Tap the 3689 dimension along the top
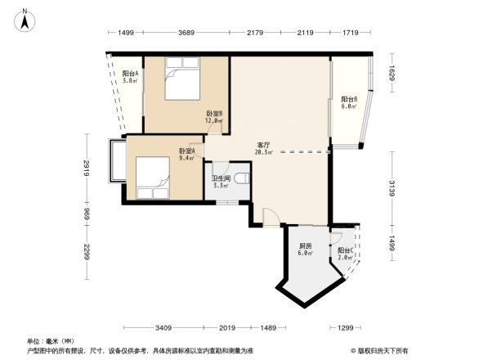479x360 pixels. tap(187, 33)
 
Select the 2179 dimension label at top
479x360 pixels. tap(254, 33)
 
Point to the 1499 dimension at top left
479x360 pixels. tap(125, 33)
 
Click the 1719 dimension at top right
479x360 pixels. tap(351, 33)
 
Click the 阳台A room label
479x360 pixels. tap(130, 77)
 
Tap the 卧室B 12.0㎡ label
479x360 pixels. tap(213, 117)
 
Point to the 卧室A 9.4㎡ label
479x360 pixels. tap(186, 154)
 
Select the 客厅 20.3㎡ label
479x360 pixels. tap(263, 148)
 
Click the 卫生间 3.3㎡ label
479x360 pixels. tap(221, 182)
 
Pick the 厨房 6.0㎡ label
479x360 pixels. tap(305, 250)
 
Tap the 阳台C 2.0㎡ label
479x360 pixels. tap(345, 254)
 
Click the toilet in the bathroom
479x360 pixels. tap(242, 178)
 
